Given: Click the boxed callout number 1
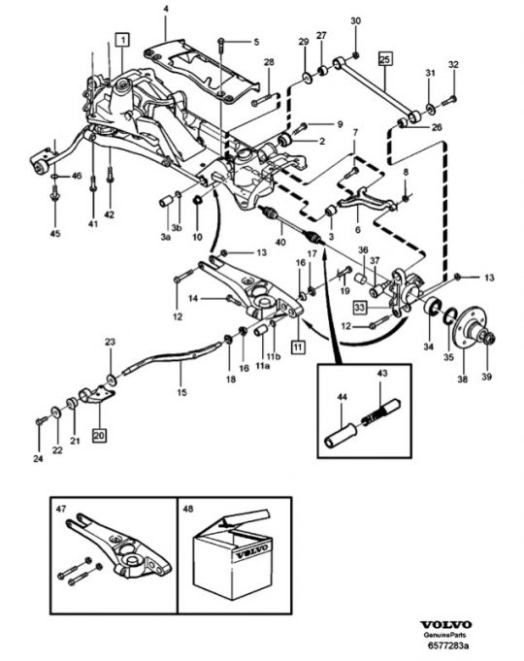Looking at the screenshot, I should click(x=121, y=40).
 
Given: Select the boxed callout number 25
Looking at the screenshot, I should click(x=384, y=58).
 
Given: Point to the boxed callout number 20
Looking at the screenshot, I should click(x=100, y=437).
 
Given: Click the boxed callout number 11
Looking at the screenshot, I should click(x=298, y=346).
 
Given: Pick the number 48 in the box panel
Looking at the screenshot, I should click(x=187, y=507).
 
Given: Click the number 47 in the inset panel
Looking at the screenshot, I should click(x=61, y=507).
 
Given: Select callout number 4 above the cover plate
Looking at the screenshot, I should click(x=165, y=9).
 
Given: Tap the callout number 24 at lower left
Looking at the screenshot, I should click(x=38, y=457).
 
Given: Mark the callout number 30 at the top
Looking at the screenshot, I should click(x=355, y=20).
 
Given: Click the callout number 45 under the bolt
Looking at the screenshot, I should click(x=54, y=233).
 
